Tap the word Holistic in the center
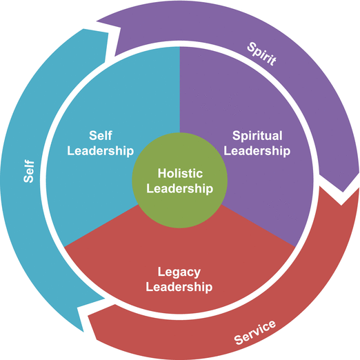coord(180,173)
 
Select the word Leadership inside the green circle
coord(180,188)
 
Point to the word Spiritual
coord(257,135)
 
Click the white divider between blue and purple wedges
coord(180,90)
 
